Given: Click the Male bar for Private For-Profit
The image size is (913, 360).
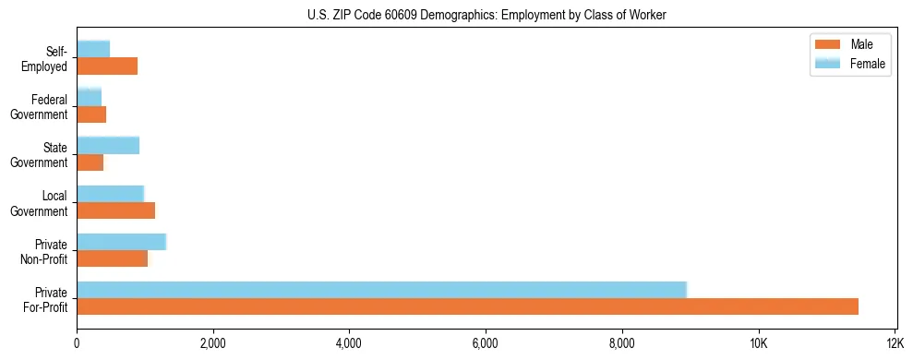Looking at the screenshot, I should [x=467, y=306].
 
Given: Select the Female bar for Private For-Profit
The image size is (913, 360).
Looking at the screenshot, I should [x=381, y=290].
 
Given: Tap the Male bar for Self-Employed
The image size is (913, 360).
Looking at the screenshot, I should [x=107, y=66].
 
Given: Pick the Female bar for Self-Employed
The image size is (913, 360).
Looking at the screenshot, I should [x=93, y=49].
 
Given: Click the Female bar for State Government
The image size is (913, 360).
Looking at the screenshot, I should [x=108, y=145].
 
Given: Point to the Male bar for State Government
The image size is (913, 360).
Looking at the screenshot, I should [x=90, y=162].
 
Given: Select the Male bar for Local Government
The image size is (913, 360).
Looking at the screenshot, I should [x=115, y=210].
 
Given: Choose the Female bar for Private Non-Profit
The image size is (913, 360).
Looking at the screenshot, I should [x=121, y=242].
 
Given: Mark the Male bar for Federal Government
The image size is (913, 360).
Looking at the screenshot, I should [x=91, y=114].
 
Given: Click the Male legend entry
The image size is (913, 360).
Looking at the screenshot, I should [x=850, y=44].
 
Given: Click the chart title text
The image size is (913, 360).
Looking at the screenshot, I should [x=486, y=16].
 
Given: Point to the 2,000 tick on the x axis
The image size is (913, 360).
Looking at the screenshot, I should [x=213, y=344].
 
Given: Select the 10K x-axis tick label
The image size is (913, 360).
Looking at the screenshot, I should [x=758, y=344].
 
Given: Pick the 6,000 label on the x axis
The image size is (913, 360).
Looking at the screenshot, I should [x=486, y=344].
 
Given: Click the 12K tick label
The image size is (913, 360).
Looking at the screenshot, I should [x=894, y=344].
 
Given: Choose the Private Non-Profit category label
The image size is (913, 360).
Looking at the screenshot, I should [x=45, y=252].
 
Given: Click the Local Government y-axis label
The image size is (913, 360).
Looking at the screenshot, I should [x=40, y=204].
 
